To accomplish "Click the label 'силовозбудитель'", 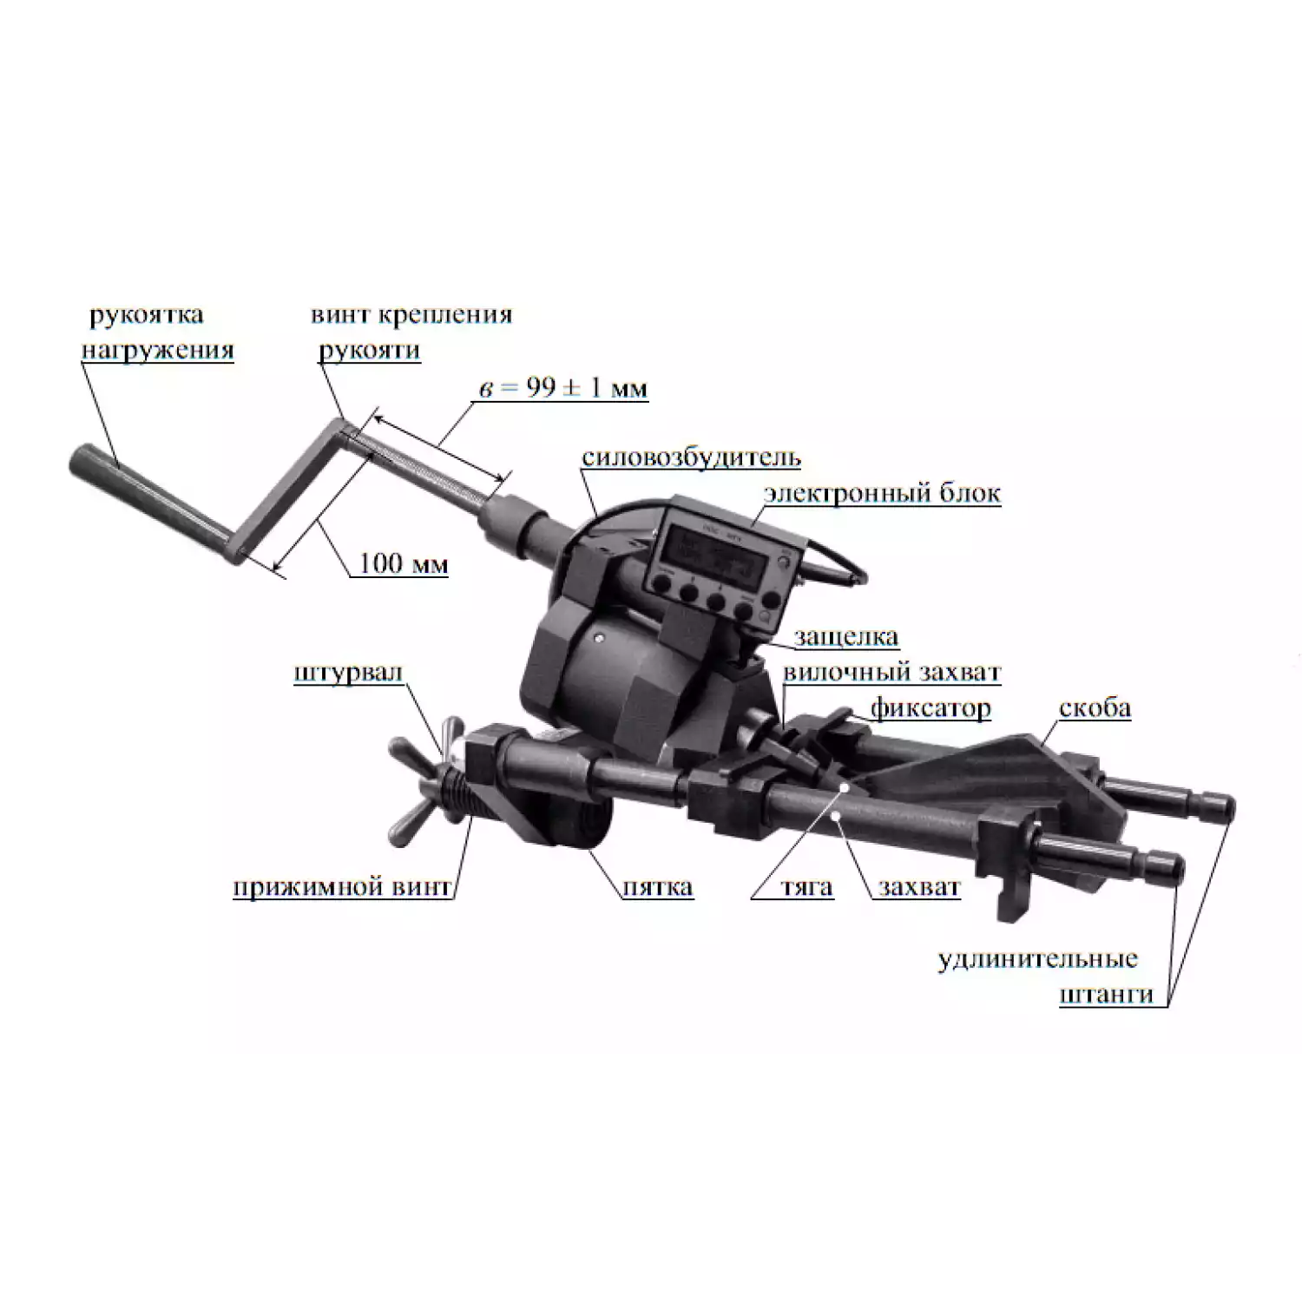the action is (691, 457).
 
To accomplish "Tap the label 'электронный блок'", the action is (882, 493).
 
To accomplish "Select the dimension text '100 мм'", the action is (404, 563).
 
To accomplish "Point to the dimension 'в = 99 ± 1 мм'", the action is (563, 387).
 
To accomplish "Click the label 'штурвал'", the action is (348, 673).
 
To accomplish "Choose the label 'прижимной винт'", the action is (342, 887).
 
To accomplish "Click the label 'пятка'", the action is (658, 887).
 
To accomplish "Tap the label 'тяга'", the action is (806, 887).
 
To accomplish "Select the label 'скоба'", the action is (1095, 708).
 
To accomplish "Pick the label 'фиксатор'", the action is (930, 708).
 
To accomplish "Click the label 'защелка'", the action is (845, 637).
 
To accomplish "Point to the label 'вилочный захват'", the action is (891, 673).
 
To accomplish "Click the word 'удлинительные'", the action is (1037, 959).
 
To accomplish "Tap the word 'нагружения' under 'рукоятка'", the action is (157, 350).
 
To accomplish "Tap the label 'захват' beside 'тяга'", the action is (918, 887).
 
